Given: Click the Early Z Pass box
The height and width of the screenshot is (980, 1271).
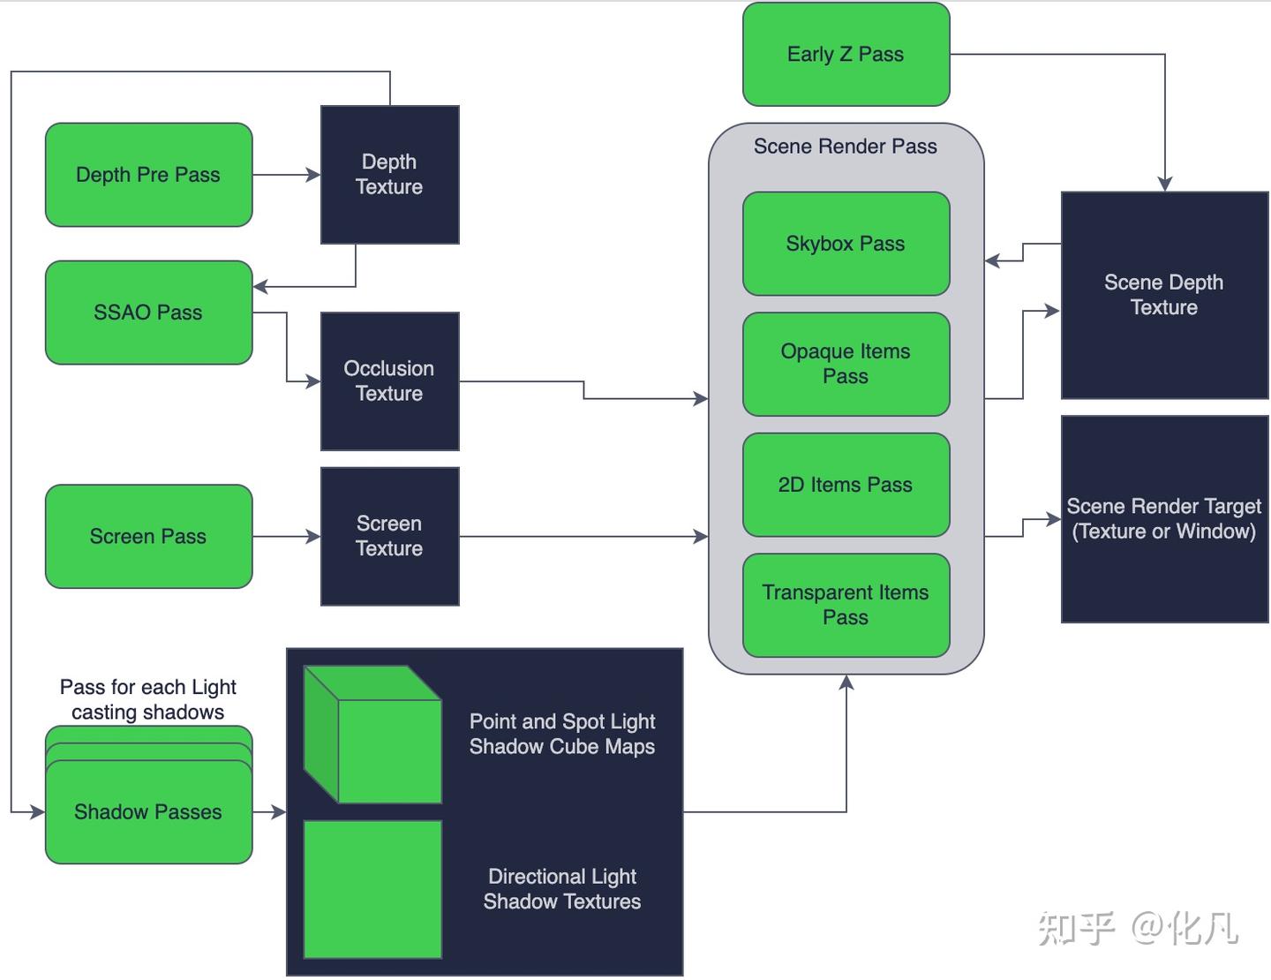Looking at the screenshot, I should (846, 55).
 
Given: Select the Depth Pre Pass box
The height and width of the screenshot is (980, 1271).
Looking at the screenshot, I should (148, 175).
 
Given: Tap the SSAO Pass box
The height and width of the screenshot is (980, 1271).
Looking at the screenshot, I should (148, 313).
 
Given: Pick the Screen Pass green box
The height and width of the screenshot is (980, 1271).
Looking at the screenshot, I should (148, 536).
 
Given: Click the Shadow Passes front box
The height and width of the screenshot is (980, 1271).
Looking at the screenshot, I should (148, 812).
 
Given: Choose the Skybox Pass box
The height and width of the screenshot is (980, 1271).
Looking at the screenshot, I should (846, 244).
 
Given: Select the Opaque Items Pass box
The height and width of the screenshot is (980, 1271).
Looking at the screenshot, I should (846, 364).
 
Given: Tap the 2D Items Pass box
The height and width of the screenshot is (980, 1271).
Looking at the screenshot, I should (846, 485).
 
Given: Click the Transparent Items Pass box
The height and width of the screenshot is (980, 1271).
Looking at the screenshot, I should (846, 605).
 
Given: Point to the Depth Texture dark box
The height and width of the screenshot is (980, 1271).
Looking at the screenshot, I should (389, 175).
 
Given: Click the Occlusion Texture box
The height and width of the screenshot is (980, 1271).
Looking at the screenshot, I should (389, 381).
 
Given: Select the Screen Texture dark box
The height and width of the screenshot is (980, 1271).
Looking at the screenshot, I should (389, 536).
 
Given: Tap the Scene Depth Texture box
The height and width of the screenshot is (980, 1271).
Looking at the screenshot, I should (1164, 295).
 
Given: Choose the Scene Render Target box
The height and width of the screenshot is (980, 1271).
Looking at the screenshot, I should (1164, 519).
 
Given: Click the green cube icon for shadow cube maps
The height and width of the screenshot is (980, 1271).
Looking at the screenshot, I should (372, 735).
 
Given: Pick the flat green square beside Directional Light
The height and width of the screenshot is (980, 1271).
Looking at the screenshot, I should (372, 889).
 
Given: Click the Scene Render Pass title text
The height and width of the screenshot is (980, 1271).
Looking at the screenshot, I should (846, 147).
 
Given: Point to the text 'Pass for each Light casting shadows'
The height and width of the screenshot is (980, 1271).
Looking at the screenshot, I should (148, 699).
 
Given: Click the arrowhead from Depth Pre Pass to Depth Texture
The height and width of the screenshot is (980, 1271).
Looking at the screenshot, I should (313, 175).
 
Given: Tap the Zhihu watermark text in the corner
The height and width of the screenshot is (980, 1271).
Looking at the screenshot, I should (1138, 928).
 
